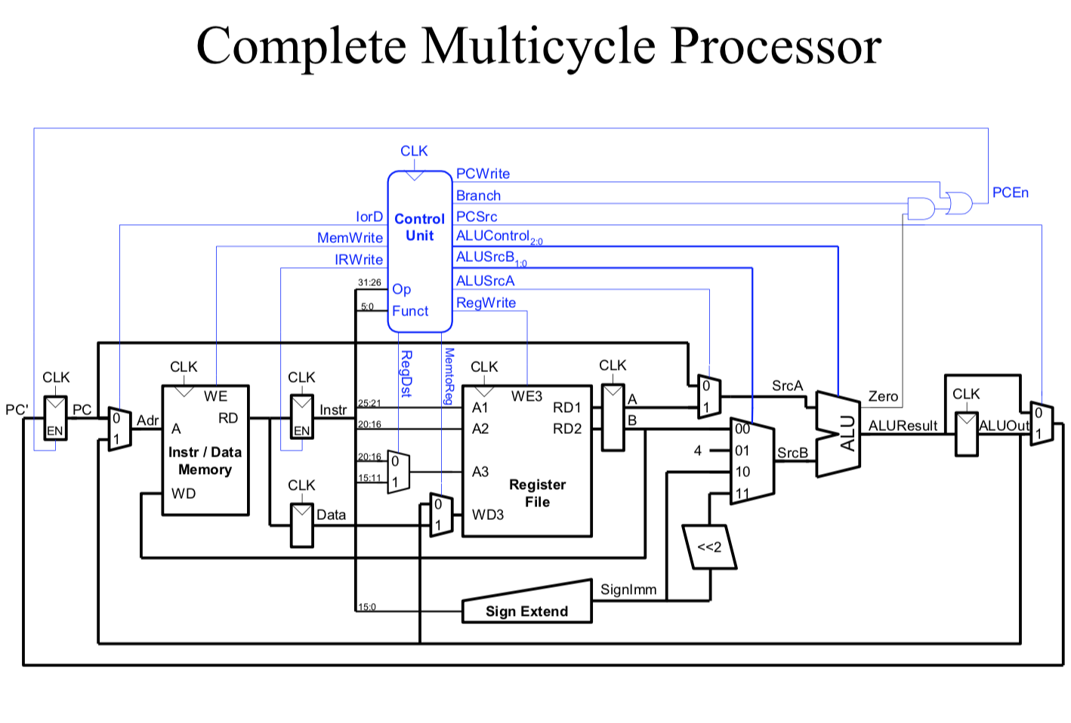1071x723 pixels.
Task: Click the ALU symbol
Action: (x=839, y=434)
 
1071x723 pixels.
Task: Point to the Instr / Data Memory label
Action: (x=205, y=460)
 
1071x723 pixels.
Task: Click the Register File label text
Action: (x=537, y=493)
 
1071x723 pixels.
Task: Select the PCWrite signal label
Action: (x=483, y=174)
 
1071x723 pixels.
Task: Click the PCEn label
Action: (x=1010, y=192)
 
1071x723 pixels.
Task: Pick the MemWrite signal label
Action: (x=350, y=238)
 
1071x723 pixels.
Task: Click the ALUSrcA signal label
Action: (x=485, y=281)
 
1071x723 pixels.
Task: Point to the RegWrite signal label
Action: (x=486, y=303)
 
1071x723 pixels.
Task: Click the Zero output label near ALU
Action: (x=883, y=396)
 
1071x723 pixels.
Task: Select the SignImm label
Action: (x=628, y=589)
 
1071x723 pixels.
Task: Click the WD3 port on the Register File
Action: (x=487, y=515)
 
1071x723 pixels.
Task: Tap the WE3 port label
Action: (x=526, y=396)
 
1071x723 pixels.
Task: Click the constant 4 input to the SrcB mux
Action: (x=698, y=451)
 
